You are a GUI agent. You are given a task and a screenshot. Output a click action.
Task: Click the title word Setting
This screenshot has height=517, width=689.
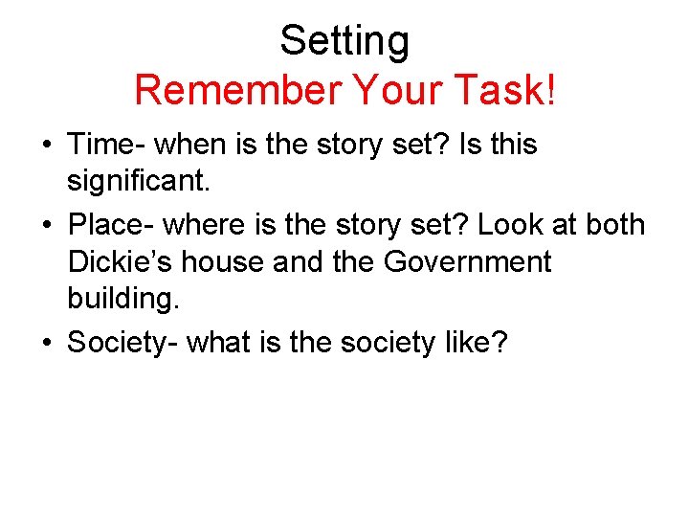[344, 41]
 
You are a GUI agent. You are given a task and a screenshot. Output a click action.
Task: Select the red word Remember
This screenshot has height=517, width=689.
[237, 91]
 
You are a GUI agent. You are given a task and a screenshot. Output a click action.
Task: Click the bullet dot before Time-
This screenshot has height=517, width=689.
[45, 146]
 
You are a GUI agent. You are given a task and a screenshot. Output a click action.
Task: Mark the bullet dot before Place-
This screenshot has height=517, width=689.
[45, 227]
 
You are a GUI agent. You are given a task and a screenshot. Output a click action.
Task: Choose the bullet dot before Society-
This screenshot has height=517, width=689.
[45, 344]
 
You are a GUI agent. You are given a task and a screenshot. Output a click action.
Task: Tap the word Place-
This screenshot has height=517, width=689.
[111, 226]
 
